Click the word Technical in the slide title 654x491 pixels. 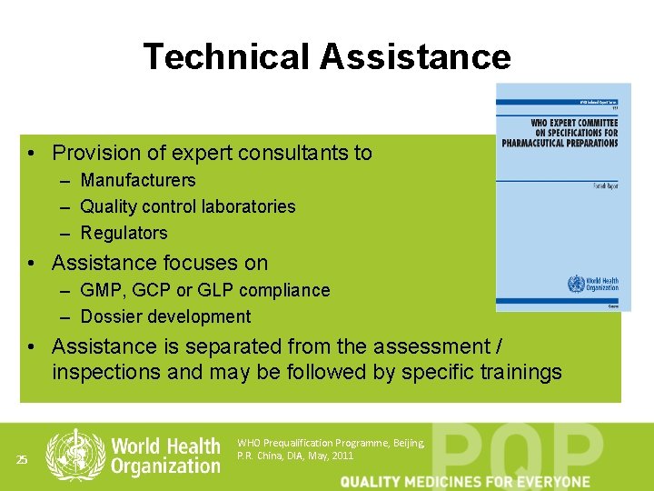pyautogui.click(x=226, y=56)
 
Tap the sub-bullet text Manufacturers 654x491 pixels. pyautogui.click(x=137, y=180)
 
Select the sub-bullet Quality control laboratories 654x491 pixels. pyautogui.click(x=188, y=206)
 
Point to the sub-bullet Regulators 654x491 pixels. pyautogui.click(x=124, y=233)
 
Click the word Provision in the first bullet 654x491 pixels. pyautogui.click(x=94, y=153)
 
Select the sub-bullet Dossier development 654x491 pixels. pyautogui.click(x=165, y=316)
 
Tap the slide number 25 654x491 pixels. pyautogui.click(x=23, y=460)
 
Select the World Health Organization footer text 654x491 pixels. pyautogui.click(x=165, y=456)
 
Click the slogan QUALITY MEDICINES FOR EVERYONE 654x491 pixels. pyautogui.click(x=465, y=481)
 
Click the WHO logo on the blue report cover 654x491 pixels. pyautogui.click(x=577, y=284)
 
